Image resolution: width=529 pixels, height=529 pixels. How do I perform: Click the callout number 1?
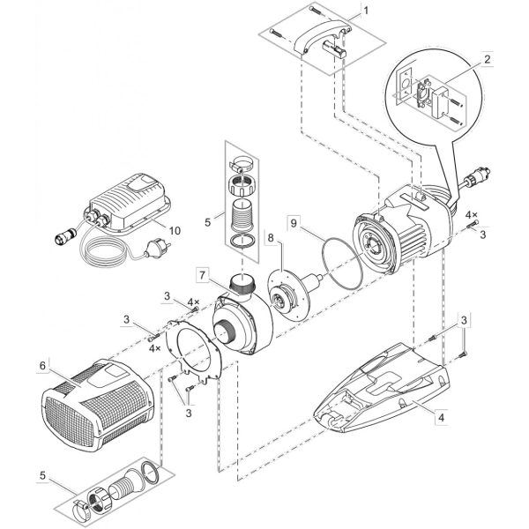[x=366, y=11]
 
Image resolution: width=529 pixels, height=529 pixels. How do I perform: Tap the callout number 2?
[x=487, y=60]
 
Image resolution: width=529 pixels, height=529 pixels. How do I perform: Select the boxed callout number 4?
[x=442, y=417]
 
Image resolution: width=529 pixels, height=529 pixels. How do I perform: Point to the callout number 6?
[x=42, y=366]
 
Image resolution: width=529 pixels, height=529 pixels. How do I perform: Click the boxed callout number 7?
[x=202, y=275]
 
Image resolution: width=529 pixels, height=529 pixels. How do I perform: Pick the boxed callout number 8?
[x=272, y=237]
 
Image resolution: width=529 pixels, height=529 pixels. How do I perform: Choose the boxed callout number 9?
[x=294, y=223]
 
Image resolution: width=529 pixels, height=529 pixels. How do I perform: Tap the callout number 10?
[x=175, y=230]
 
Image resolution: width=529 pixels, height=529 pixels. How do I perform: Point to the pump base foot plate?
[x=381, y=388]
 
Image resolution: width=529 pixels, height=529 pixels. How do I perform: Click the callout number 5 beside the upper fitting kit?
[x=208, y=221]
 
